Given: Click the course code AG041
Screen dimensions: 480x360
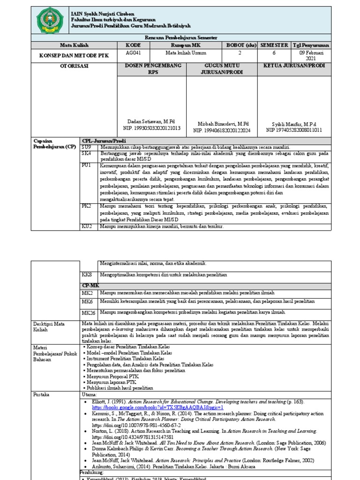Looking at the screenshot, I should [x=133, y=53].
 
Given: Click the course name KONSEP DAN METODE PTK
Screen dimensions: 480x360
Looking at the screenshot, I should [x=74, y=55].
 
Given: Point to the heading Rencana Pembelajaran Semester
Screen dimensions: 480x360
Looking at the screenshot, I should [x=180, y=37].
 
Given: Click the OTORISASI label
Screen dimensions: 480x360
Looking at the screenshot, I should [x=74, y=66].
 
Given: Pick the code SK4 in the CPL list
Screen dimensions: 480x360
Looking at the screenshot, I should [x=87, y=153].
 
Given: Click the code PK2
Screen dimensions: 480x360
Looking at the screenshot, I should [x=87, y=206].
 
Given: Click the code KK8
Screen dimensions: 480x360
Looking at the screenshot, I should [x=87, y=274].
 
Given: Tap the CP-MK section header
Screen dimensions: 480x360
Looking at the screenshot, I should [x=89, y=285].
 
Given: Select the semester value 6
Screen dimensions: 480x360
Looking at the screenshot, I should [x=274, y=53].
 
